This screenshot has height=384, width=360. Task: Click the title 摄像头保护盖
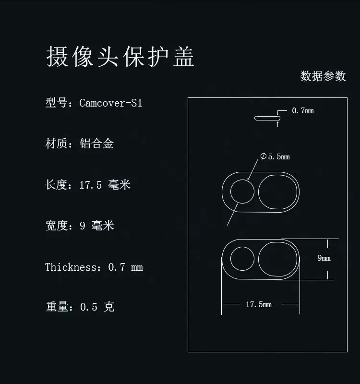[120, 57]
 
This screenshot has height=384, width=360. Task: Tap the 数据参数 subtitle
[323, 76]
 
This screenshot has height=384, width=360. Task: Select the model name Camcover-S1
[111, 103]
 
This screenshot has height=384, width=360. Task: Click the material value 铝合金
[96, 143]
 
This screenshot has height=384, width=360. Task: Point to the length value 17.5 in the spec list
[90, 185]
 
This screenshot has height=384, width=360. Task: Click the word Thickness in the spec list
[71, 267]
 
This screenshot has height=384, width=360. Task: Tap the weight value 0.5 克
[97, 307]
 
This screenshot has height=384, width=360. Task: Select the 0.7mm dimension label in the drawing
[303, 111]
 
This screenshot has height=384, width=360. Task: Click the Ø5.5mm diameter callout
[275, 156]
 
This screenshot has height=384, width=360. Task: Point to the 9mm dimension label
[324, 258]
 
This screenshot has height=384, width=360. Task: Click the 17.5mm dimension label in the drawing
[259, 304]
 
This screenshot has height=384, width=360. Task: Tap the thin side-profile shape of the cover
[267, 118]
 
